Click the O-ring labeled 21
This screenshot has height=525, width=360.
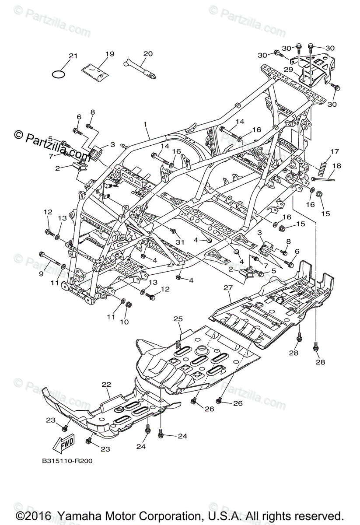59,73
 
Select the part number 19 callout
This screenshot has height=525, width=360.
109,54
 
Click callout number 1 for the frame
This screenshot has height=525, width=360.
146,124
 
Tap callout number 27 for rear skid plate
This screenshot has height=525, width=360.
227,287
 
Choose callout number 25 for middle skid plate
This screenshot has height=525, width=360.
178,319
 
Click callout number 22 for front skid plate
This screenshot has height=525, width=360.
106,384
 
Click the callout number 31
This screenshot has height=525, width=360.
178,242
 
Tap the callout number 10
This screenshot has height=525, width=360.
125,322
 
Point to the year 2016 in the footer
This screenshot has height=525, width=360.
41,515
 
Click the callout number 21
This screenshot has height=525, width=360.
73,56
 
